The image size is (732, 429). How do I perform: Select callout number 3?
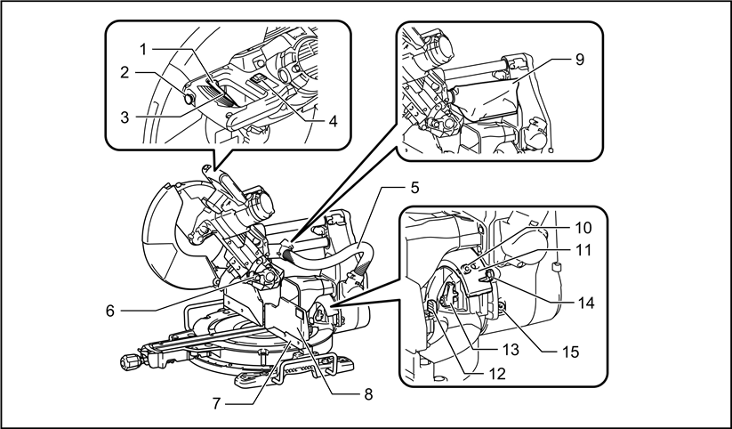point(127,117)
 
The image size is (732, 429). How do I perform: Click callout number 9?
point(580,62)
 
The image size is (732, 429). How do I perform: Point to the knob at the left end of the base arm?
point(129,360)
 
